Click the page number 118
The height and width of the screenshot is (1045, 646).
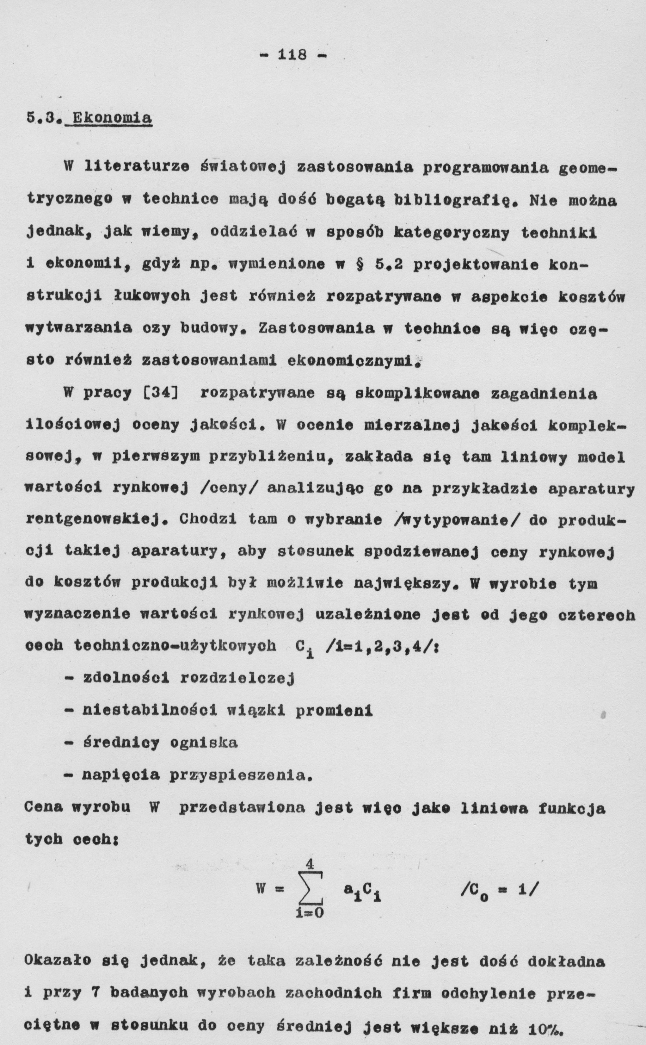point(292,55)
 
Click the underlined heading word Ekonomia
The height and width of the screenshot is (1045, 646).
point(112,118)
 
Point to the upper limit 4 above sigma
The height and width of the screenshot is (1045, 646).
point(310,864)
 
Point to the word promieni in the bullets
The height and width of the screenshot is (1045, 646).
point(334,711)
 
